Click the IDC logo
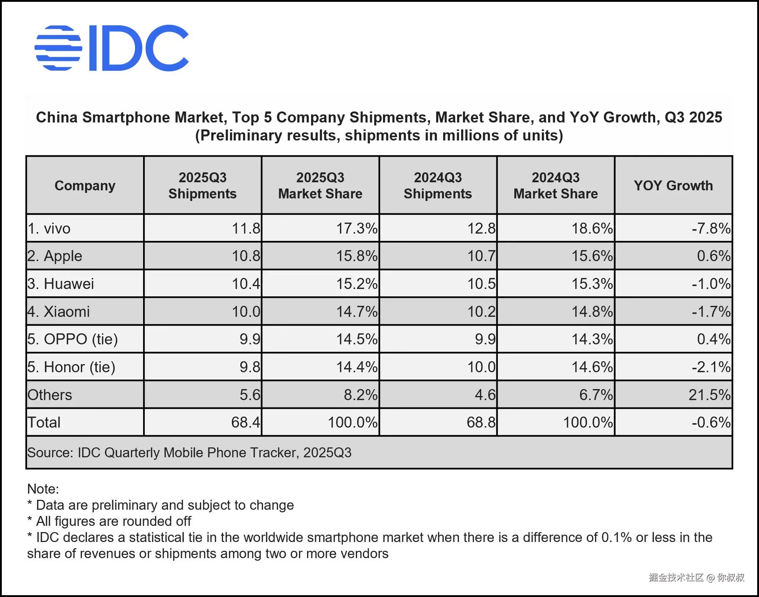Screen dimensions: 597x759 pos(112,48)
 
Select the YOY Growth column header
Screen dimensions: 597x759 pos(673,186)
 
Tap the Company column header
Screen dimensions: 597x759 pos(85,186)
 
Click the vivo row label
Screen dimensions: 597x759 pos(49,228)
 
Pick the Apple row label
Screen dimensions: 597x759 pos(55,256)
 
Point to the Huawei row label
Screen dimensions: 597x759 pos(61,284)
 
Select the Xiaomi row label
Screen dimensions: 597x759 pos(59,312)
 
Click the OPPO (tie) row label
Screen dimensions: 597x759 pos(73,339)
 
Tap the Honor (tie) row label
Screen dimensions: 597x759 pos(72,367)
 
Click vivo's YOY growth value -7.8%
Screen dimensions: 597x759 pos(711,228)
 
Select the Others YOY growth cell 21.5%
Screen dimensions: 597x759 pos(709,395)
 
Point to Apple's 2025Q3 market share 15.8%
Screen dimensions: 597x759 pos(357,256)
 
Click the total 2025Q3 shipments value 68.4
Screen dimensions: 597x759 pos(245,422)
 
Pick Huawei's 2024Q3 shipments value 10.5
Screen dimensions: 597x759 pos(481,284)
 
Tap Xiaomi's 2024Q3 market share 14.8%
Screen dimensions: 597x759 pos(592,312)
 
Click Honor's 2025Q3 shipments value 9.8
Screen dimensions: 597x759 pos(250,367)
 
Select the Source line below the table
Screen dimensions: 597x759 pos(189,453)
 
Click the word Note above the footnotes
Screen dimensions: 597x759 pos(43,489)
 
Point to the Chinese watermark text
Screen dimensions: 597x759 pos(696,578)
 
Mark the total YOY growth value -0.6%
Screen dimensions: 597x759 pos(711,422)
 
